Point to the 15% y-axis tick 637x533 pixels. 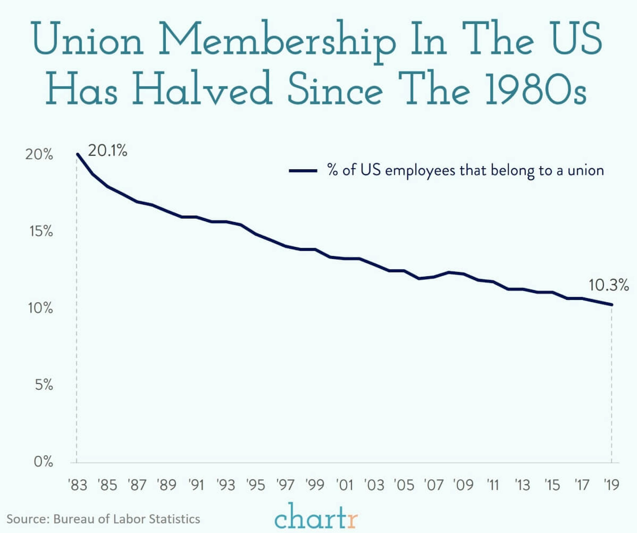click(x=41, y=231)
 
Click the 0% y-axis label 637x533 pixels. click(x=43, y=462)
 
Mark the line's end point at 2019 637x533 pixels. click(x=611, y=305)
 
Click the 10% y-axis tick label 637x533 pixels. click(x=40, y=308)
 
